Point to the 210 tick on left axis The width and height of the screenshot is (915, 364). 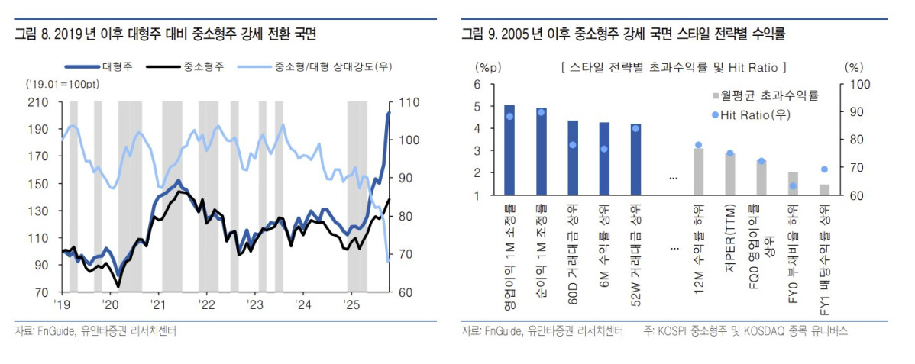[37, 101]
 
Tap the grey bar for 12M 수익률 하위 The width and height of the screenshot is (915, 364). [698, 172]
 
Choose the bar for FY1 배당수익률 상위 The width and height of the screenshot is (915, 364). [824, 189]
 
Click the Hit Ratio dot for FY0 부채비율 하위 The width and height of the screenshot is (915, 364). [793, 185]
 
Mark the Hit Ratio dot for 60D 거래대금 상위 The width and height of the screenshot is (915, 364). [573, 144]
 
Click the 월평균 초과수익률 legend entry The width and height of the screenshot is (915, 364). [765, 95]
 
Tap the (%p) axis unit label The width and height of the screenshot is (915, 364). [487, 67]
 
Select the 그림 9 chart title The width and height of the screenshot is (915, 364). [623, 34]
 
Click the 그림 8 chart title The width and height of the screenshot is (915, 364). [165, 34]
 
